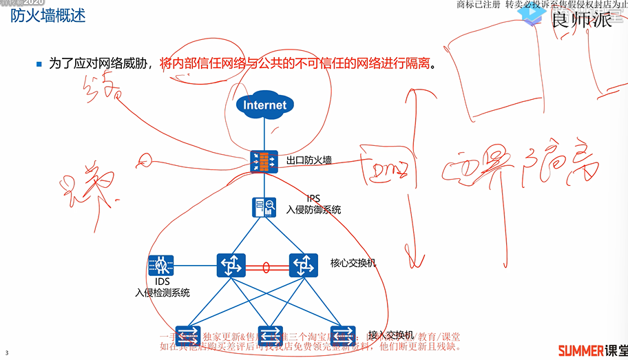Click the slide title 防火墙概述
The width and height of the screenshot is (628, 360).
pyautogui.click(x=48, y=16)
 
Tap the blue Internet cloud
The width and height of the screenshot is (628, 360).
pyautogui.click(x=264, y=105)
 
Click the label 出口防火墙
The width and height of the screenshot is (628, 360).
pyautogui.click(x=309, y=160)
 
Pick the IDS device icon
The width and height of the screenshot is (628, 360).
pyautogui.click(x=161, y=265)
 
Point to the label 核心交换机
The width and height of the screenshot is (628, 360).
pyautogui.click(x=353, y=263)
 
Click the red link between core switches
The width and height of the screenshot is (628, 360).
pyautogui.click(x=266, y=266)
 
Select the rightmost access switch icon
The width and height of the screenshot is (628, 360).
pyautogui.click(x=343, y=334)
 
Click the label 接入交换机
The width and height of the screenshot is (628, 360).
pyautogui.click(x=390, y=335)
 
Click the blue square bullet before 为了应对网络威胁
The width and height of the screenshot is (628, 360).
pyautogui.click(x=39, y=64)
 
